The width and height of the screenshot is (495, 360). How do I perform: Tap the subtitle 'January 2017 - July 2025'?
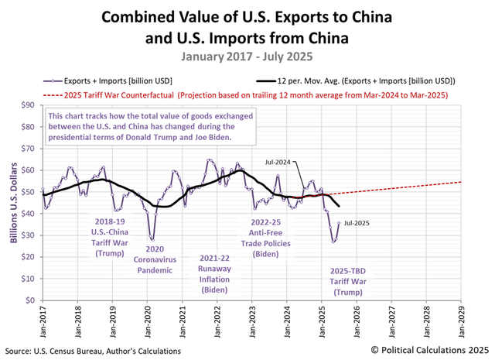click(247, 57)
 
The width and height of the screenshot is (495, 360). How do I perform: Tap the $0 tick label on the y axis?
click(31, 300)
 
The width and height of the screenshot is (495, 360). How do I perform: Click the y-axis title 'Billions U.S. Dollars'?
click(13, 203)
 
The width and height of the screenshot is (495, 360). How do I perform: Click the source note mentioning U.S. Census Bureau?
click(93, 351)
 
